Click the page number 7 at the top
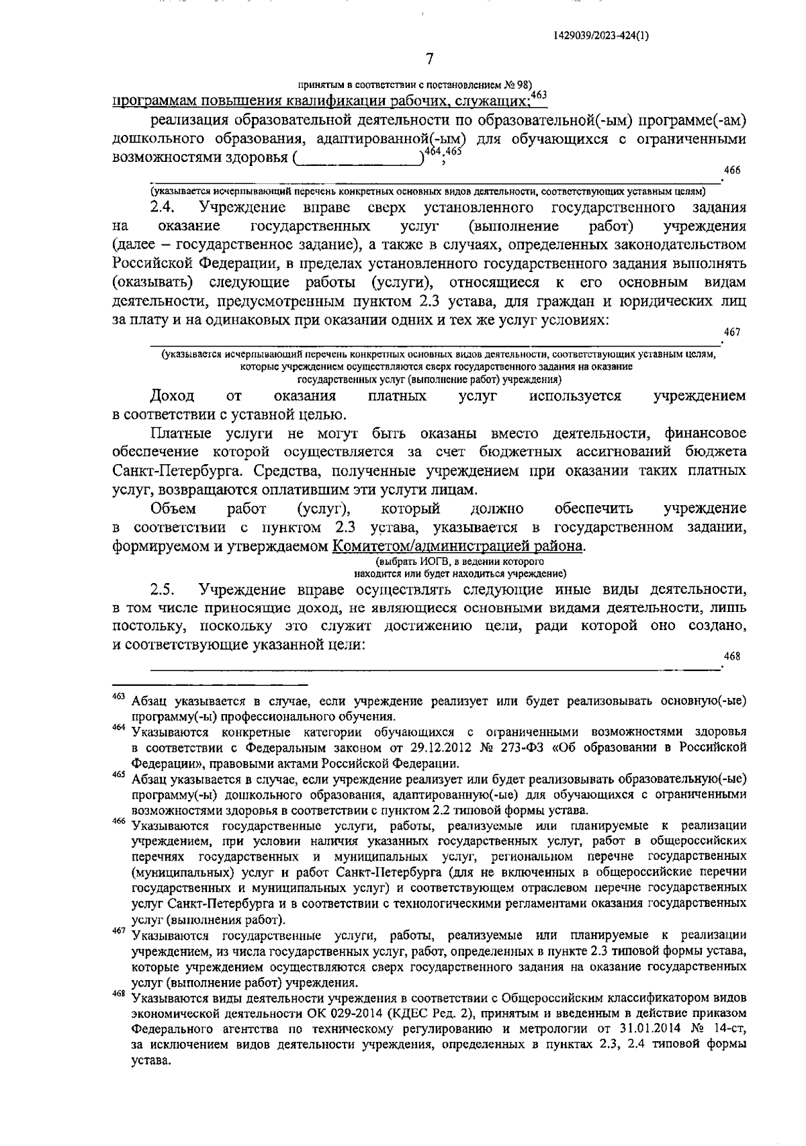[430, 59]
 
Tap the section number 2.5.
[163, 590]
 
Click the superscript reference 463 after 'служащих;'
[539, 95]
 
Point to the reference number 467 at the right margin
[731, 332]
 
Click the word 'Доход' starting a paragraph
[173, 396]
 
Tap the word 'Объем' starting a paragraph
[173, 508]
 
